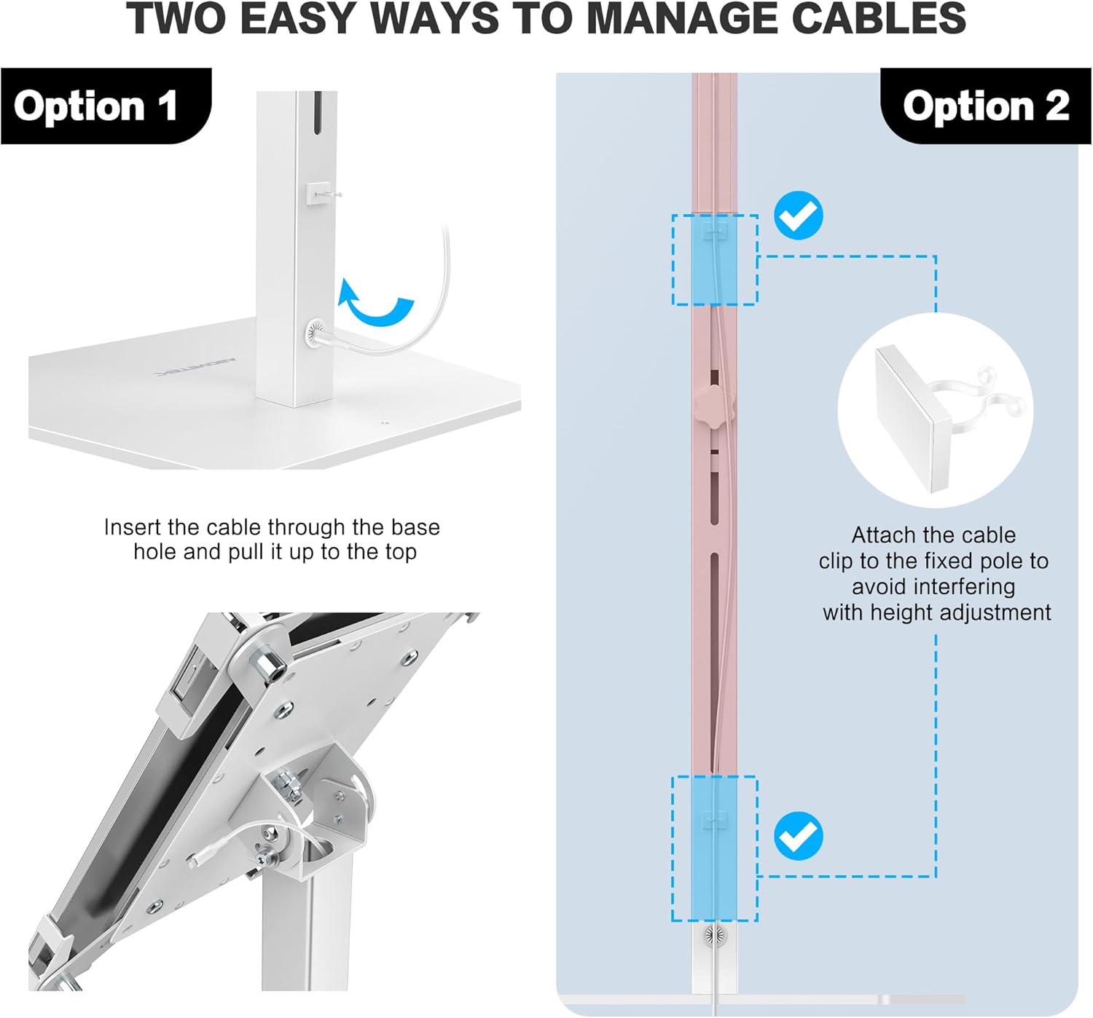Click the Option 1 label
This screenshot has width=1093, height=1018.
point(95,106)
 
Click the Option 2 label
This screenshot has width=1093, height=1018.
point(985,106)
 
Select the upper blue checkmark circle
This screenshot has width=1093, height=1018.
point(798,216)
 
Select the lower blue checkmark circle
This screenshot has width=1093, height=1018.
point(798,836)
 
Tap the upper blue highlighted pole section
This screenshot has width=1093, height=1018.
point(714,260)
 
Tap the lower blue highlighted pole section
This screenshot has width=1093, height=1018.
point(714,848)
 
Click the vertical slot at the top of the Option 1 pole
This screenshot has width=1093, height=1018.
point(317,113)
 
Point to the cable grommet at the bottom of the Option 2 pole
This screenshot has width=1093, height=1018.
point(714,935)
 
